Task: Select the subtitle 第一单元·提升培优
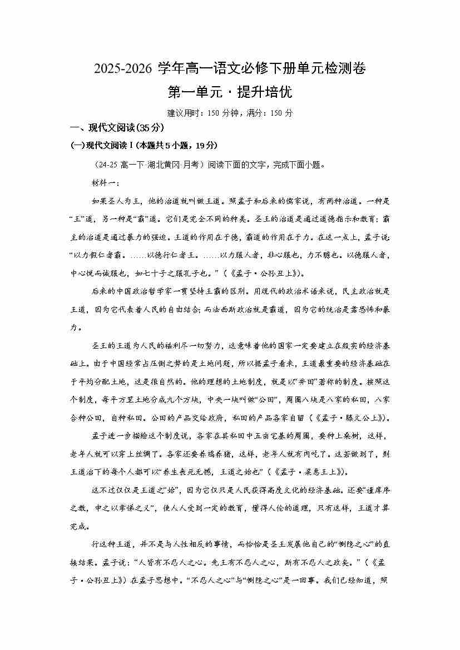pos(230,91)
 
